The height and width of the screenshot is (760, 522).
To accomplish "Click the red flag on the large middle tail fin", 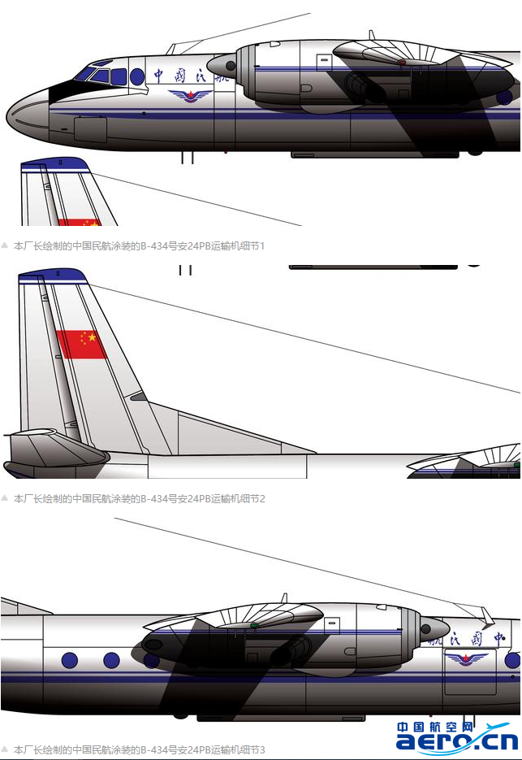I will coord(81,344).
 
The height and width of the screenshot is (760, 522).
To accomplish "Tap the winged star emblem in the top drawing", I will coord(192,96).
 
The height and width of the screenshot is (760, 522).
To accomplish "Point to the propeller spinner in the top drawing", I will coord(222,65).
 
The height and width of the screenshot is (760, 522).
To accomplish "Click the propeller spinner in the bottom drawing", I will coord(435,628).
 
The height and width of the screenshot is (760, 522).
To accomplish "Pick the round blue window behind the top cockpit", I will coord(137,77).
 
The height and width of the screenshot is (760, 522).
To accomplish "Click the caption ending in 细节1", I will coord(139,245).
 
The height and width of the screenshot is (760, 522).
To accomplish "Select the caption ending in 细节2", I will coord(139,498).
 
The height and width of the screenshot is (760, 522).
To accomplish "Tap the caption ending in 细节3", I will coord(139,749).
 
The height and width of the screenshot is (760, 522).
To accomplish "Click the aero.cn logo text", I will coord(456,741).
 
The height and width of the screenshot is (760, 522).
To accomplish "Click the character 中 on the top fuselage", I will coord(158,76).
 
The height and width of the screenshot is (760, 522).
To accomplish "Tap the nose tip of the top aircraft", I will coord(8,116).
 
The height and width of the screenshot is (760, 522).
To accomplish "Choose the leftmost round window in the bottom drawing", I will coord(69,660).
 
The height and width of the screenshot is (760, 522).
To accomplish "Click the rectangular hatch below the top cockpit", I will coord(90,129).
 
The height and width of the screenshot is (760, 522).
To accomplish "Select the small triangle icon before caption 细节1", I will coord(5,245).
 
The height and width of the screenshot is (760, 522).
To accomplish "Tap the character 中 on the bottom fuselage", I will coord(500,637).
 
